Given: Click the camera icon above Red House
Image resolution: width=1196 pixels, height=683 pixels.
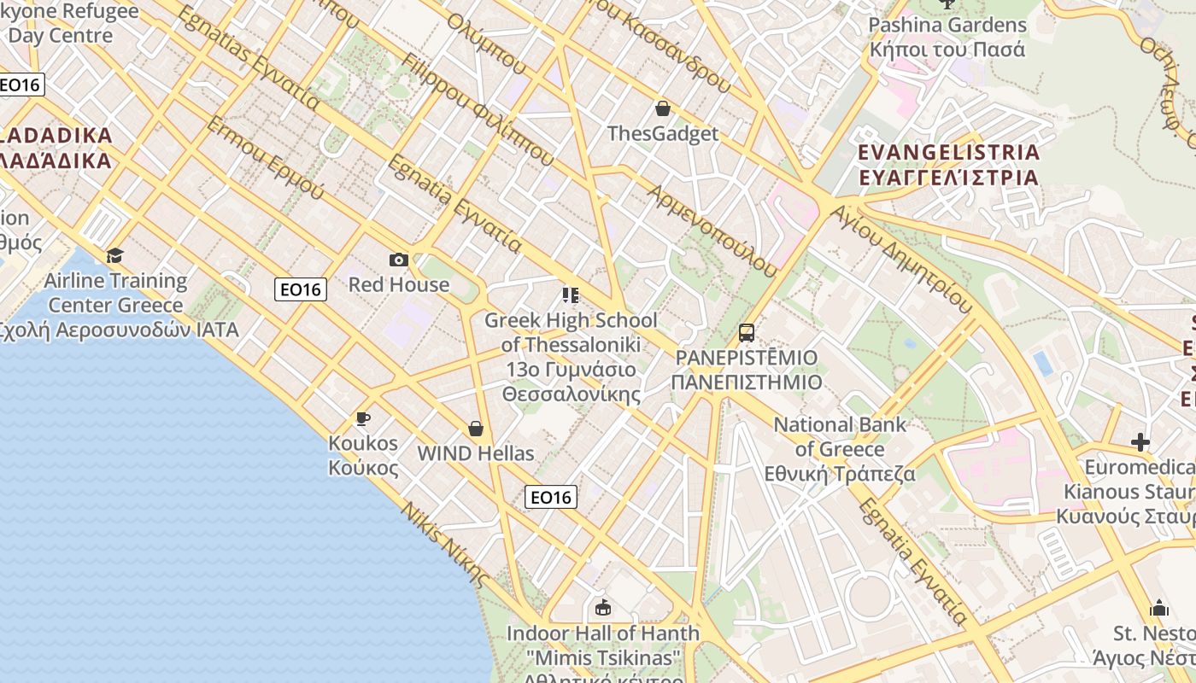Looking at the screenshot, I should [398, 260].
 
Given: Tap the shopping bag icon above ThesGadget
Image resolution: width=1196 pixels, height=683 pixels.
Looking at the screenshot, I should [662, 108].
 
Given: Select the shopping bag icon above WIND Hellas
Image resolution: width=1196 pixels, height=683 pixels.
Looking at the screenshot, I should [476, 429].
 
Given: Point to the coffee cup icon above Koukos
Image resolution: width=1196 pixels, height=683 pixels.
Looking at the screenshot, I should [363, 418].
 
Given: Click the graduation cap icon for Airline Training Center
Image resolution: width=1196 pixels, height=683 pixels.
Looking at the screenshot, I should [114, 255].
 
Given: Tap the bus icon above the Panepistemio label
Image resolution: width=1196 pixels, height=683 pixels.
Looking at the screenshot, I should [746, 332].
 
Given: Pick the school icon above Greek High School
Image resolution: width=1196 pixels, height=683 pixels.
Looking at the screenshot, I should [570, 295].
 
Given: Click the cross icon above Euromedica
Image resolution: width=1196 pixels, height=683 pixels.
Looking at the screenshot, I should [1140, 442].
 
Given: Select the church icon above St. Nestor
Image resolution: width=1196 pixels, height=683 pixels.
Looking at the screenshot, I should [1158, 608].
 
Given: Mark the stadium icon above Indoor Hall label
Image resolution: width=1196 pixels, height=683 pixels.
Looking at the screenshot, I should [603, 608].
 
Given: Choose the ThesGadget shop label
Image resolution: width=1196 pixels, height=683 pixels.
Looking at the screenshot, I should [662, 134].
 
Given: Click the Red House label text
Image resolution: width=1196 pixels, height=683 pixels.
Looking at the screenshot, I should [398, 284].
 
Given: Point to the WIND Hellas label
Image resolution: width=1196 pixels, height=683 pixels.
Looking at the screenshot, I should [475, 453].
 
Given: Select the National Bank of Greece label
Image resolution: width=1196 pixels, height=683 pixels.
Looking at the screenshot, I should [839, 449].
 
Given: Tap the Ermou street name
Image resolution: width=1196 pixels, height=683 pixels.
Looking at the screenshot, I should [265, 157].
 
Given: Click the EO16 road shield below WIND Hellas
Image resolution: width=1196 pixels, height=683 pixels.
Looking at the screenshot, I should [550, 497].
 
